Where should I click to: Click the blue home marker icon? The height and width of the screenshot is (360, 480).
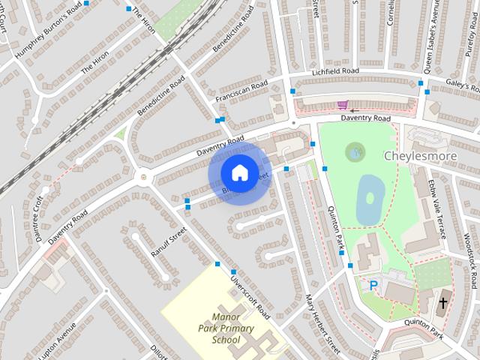tap(239, 172)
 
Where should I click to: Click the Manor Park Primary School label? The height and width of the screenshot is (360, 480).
tap(226, 328)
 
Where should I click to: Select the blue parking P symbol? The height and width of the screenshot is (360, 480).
tap(373, 285)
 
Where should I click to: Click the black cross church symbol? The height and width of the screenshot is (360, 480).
tap(443, 303)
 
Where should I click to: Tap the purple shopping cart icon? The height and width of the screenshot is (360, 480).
tap(343, 105)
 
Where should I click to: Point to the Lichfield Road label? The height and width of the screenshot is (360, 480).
tap(335, 72)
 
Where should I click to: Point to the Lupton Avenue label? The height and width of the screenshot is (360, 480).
tap(58, 341)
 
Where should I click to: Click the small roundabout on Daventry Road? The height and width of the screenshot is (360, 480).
tap(142, 177)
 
